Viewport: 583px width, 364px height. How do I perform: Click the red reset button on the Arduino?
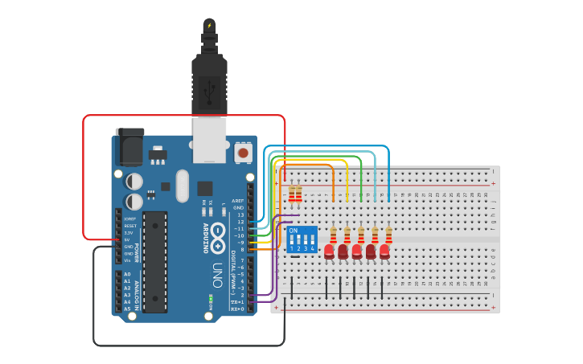[x=242, y=152]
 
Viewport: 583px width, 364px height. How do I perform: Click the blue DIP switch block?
[x=302, y=239]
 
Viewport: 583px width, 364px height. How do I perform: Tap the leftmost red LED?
[x=329, y=252]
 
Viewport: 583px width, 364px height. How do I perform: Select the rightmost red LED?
[x=385, y=252]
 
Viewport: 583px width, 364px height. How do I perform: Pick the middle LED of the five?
[x=357, y=252]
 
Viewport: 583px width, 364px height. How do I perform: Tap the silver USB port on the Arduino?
[x=210, y=140]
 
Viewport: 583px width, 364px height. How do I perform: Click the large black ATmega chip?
[x=155, y=261]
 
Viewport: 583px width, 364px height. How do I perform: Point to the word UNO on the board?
[x=216, y=270]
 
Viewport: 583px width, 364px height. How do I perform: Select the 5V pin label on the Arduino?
[x=128, y=239]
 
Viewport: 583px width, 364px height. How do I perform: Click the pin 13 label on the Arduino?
[x=240, y=215]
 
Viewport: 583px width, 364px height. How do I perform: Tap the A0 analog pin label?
[x=127, y=275]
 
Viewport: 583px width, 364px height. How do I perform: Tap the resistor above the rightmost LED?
[x=389, y=234]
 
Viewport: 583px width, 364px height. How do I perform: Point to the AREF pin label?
[x=238, y=201]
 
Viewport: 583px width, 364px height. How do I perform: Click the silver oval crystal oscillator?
[x=182, y=186]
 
